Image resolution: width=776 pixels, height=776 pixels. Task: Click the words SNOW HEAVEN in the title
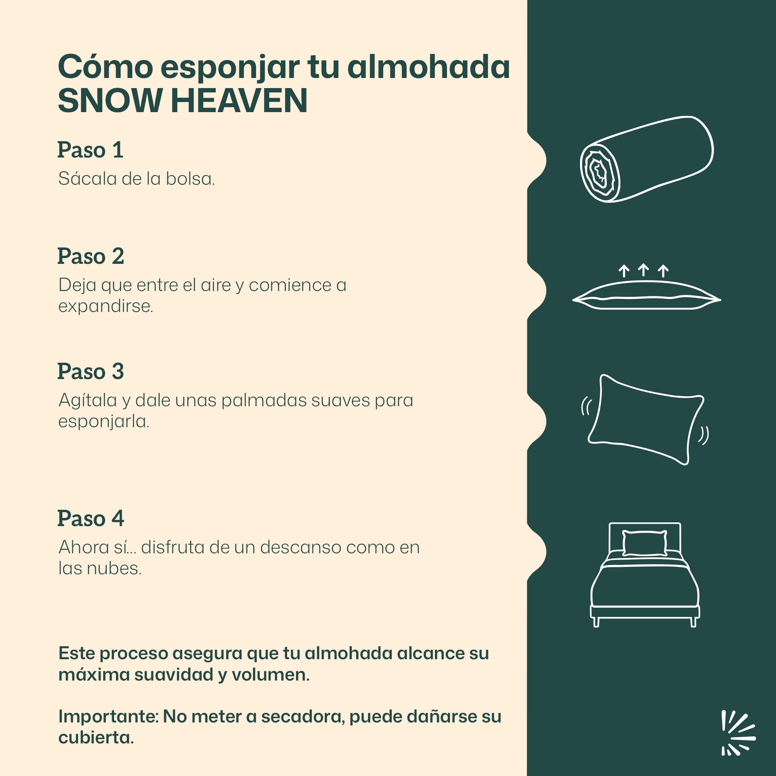pyautogui.click(x=183, y=100)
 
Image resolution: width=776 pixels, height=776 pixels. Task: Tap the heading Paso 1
pyautogui.click(x=90, y=150)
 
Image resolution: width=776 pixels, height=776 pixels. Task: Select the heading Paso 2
pyautogui.click(x=91, y=256)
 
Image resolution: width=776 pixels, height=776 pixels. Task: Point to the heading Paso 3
pyautogui.click(x=91, y=372)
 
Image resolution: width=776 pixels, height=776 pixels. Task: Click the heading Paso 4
pyautogui.click(x=91, y=518)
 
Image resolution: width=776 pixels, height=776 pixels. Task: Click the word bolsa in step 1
pyautogui.click(x=191, y=179)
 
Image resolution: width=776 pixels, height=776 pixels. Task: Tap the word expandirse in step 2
pyautogui.click(x=106, y=306)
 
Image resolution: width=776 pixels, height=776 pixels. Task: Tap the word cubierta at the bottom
pyautogui.click(x=96, y=738)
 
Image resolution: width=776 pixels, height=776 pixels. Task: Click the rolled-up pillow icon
pyautogui.click(x=646, y=159)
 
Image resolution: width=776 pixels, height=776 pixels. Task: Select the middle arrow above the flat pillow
pyautogui.click(x=643, y=270)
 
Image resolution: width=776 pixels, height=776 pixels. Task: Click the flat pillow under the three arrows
pyautogui.click(x=647, y=296)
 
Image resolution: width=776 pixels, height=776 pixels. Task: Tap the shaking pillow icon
pyautogui.click(x=645, y=420)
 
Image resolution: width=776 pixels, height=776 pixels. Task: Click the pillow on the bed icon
pyautogui.click(x=644, y=543)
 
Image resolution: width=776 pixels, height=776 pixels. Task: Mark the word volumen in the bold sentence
pyautogui.click(x=270, y=675)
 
